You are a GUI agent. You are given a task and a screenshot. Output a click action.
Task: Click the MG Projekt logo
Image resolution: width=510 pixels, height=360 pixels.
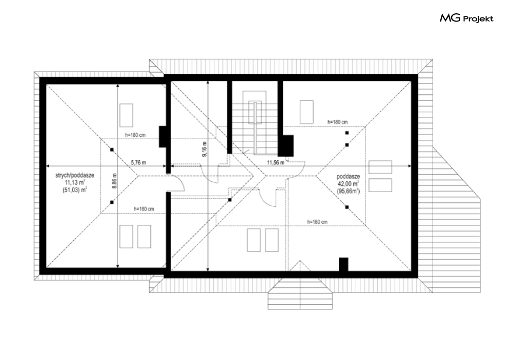click(x=466, y=18)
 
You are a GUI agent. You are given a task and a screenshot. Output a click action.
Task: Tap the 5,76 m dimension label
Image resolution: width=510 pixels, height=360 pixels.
click(x=138, y=162)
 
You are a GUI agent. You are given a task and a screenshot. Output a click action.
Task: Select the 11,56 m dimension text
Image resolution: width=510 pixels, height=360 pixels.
click(x=275, y=162)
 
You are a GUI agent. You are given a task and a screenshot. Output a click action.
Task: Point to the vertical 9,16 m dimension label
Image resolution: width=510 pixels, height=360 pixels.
click(x=205, y=150)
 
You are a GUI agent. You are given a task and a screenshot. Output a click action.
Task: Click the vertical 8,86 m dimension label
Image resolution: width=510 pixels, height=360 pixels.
click(x=114, y=181)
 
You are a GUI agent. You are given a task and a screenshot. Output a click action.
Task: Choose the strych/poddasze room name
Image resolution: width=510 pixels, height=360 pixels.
click(x=75, y=176)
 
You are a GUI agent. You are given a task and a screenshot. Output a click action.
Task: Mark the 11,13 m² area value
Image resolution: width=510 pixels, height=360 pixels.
click(x=75, y=183)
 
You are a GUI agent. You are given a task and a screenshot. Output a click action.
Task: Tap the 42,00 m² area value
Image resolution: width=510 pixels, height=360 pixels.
click(x=349, y=184)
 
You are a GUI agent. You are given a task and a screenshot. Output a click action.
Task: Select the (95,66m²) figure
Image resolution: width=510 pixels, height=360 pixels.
click(x=349, y=191)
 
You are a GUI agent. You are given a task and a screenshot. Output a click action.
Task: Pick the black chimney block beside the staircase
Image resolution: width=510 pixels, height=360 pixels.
click(x=286, y=145)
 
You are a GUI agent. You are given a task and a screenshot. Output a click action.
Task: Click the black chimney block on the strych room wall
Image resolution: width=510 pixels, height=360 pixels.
click(x=162, y=136)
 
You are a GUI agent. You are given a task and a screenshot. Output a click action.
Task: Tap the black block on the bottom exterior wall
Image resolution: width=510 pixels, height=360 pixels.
click(x=343, y=264)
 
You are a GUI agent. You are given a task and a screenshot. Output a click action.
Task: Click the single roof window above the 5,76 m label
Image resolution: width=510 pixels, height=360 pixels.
click(x=126, y=115)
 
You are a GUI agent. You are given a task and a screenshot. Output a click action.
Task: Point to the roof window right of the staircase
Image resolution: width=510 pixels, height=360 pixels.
click(x=307, y=112)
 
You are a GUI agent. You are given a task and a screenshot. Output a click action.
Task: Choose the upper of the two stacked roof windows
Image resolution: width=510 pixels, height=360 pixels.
click(x=380, y=167)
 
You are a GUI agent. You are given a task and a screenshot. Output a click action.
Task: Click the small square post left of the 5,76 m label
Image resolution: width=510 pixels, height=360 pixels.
click(x=112, y=150)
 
